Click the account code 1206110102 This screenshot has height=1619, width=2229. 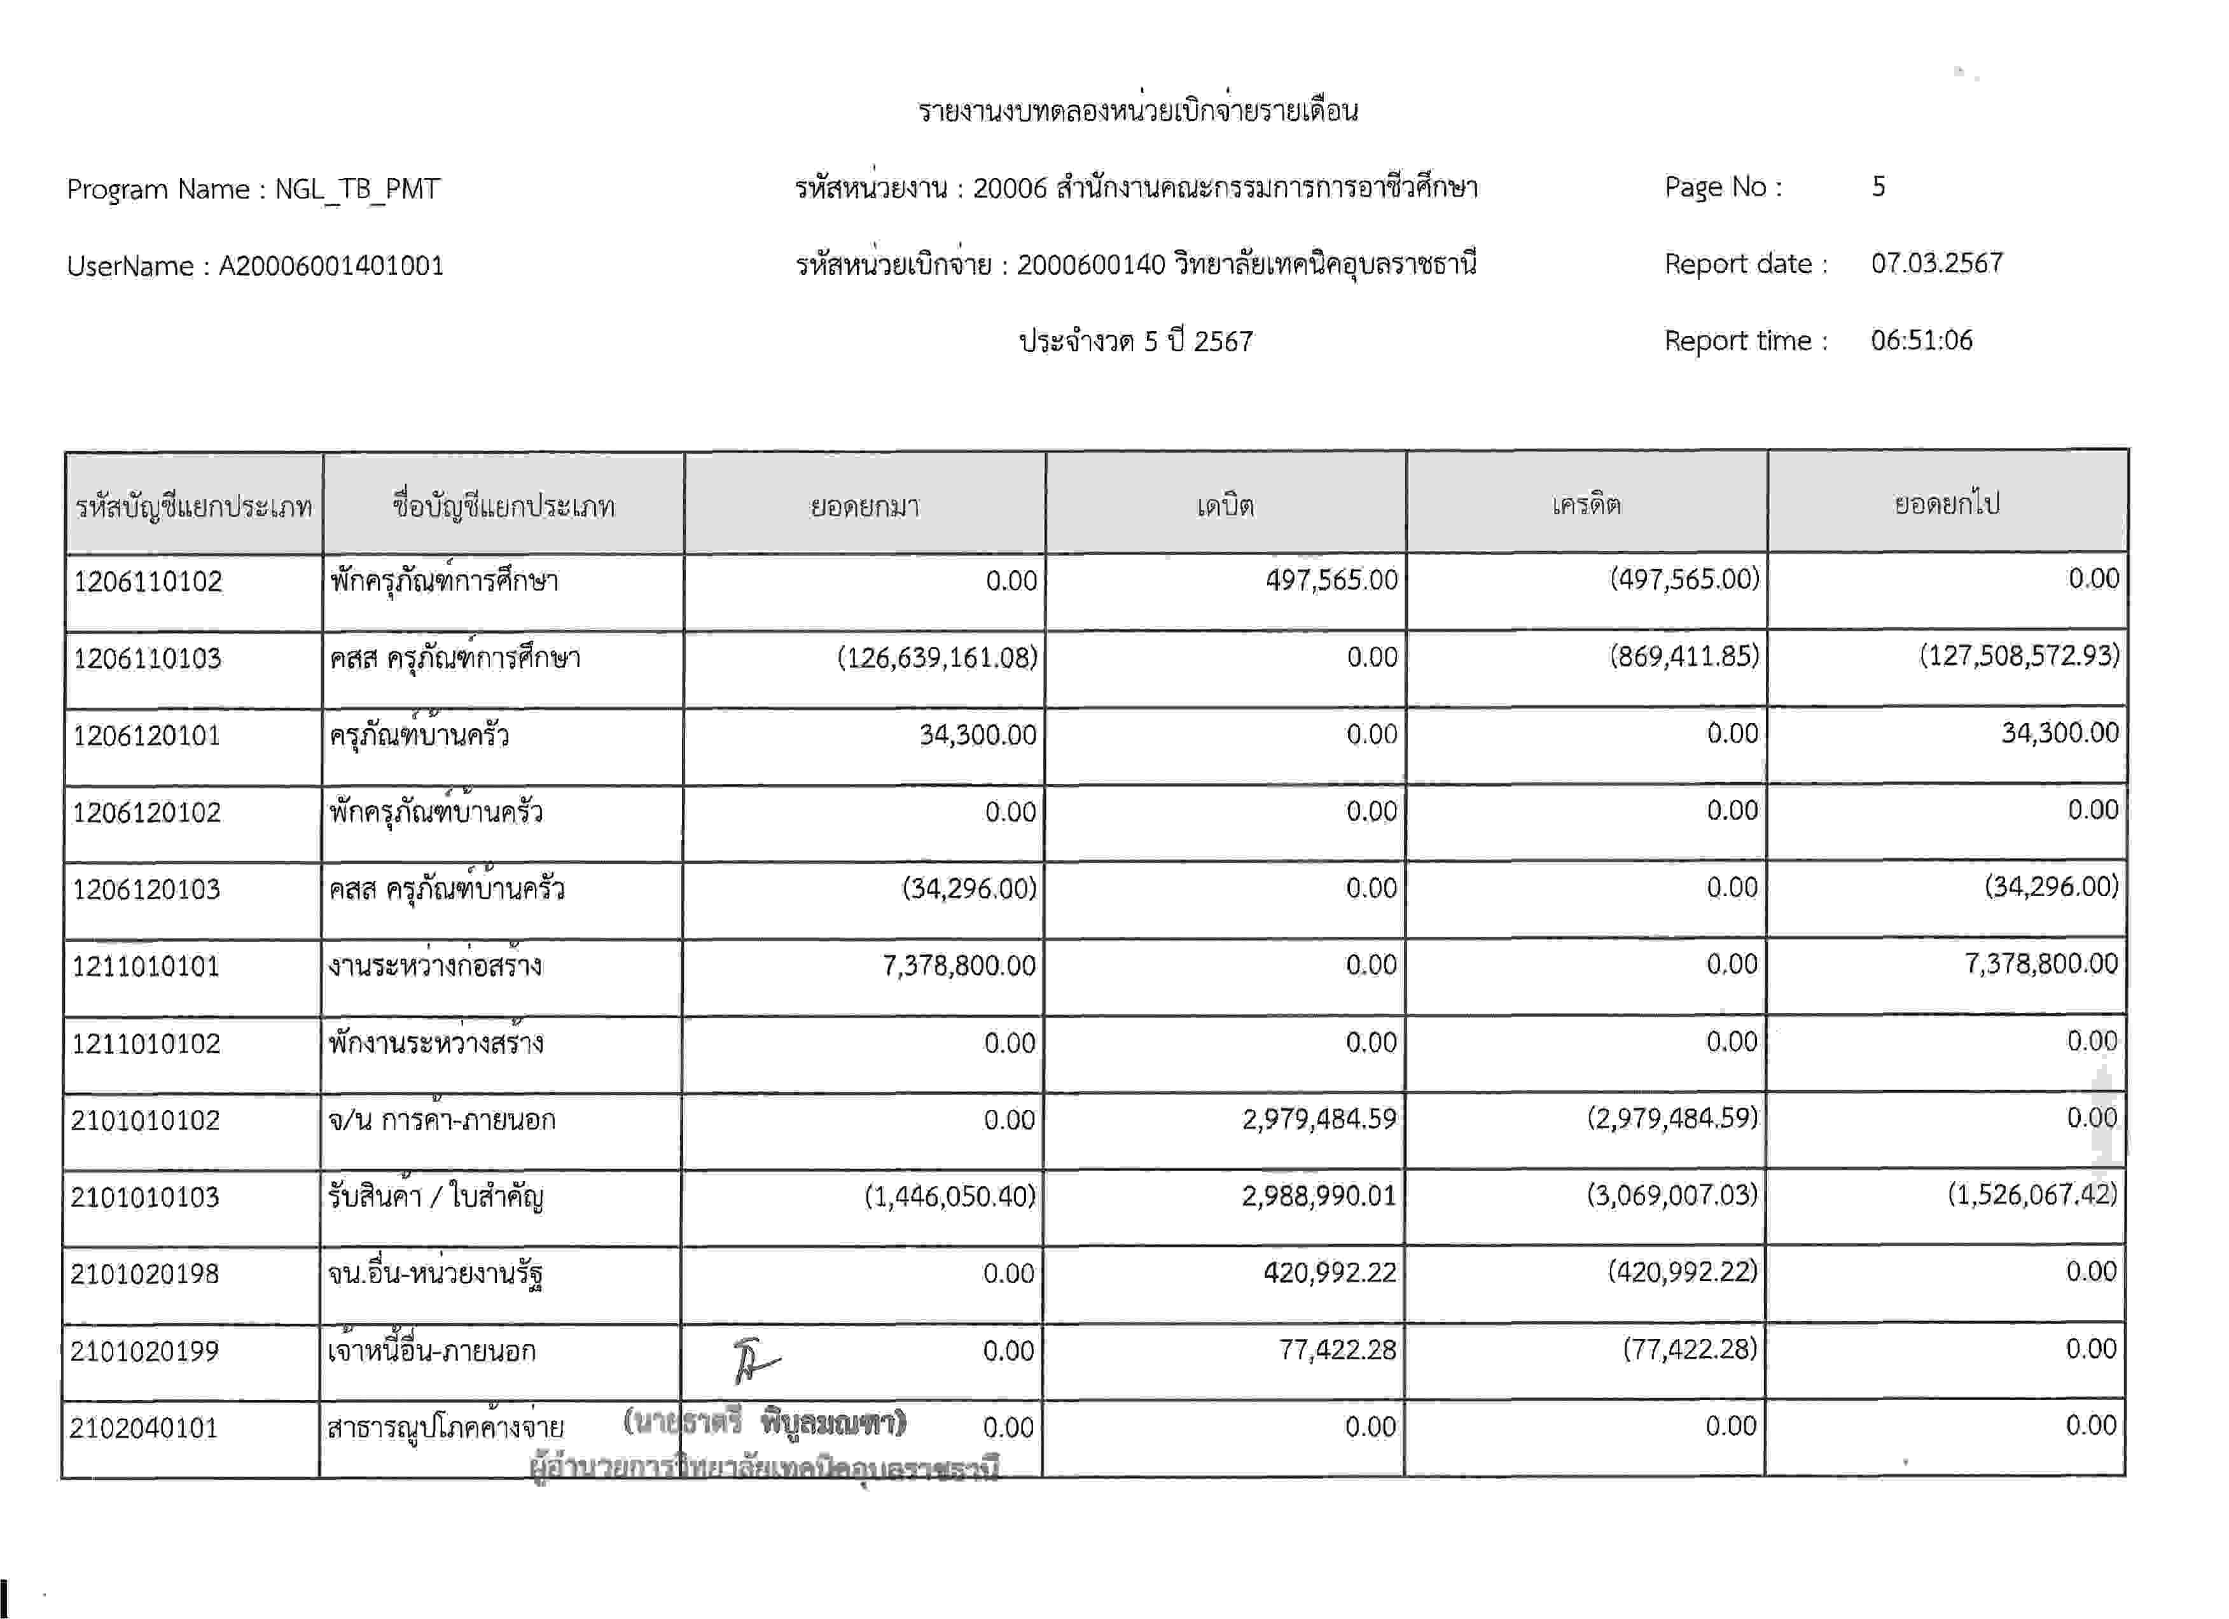point(148,581)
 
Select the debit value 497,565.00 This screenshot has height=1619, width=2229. point(1331,580)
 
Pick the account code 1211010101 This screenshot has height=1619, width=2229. point(146,966)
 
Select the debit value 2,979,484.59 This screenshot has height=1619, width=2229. point(1318,1119)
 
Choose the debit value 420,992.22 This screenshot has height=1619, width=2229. point(1329,1272)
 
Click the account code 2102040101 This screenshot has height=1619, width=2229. point(144,1427)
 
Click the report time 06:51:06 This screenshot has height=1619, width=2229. point(1921,340)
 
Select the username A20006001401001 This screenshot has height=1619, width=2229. point(331,265)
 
